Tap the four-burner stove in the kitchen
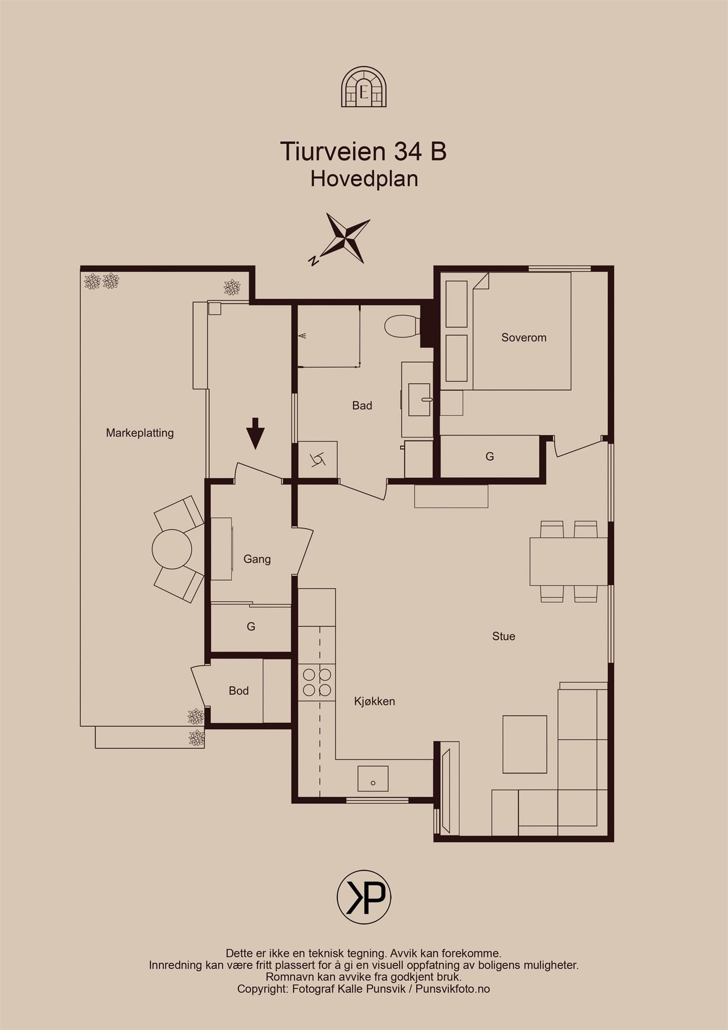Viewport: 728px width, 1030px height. coord(317,682)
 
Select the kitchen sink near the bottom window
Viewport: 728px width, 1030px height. coord(373,779)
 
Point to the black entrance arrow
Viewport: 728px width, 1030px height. coord(256,433)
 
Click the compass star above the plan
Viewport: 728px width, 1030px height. coord(345,238)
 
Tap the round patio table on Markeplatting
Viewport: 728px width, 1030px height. coord(172,549)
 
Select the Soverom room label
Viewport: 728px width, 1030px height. coord(524,337)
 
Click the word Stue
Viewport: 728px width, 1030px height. coord(504,636)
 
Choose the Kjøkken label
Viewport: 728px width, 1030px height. coord(375,701)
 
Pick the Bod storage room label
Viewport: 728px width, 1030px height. coord(239,691)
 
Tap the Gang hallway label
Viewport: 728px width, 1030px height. coord(257,559)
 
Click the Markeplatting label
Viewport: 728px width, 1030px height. coord(140,433)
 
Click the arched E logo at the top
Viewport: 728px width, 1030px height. coord(364,88)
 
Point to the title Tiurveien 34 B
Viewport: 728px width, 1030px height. coord(363,151)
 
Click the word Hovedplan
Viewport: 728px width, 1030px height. coord(364,179)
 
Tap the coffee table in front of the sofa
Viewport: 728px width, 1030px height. coord(525,744)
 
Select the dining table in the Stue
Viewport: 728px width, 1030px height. coord(569,562)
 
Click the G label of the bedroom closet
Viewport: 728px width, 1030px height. coord(490,457)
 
